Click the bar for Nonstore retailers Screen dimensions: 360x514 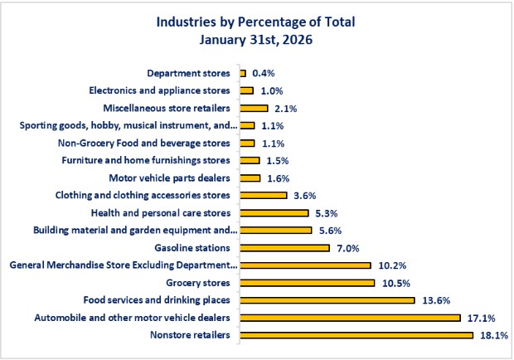pyautogui.click(x=356, y=335)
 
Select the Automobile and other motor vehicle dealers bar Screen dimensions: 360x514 pyautogui.click(x=349, y=318)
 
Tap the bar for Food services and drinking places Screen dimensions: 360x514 pyautogui.click(x=327, y=300)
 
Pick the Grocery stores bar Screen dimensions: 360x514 pyautogui.click(x=307, y=283)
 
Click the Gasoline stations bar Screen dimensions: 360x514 pyautogui.click(x=284, y=248)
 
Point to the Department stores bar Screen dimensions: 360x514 pyautogui.click(x=243, y=73)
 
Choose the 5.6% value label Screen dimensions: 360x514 pyautogui.click(x=330, y=231)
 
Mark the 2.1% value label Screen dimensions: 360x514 pyautogui.click(x=285, y=108)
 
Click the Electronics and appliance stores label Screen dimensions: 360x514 pyautogui.click(x=161, y=90)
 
